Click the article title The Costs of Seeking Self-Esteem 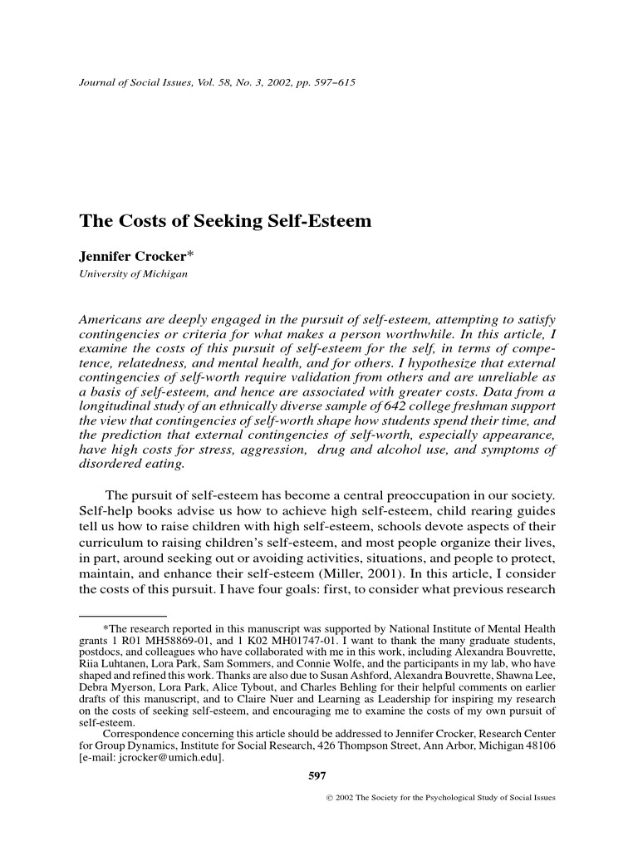point(224,222)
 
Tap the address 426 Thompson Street point(375,746)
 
